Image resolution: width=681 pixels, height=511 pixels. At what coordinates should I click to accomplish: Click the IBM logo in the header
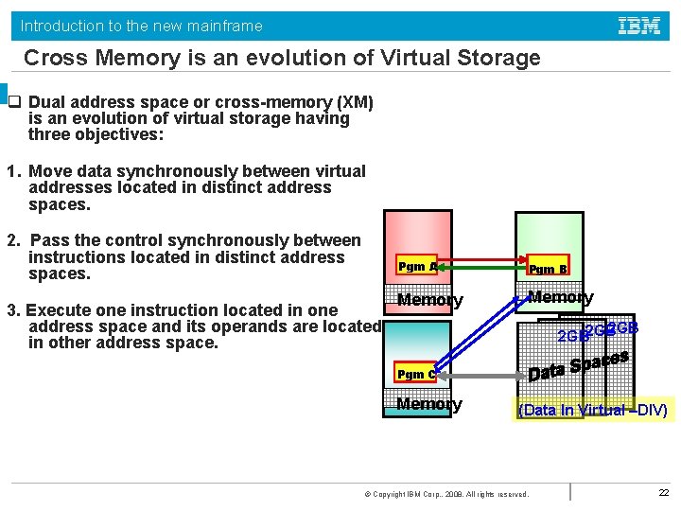pyautogui.click(x=639, y=26)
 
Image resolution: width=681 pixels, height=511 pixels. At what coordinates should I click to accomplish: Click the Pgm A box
pyautogui.click(x=417, y=266)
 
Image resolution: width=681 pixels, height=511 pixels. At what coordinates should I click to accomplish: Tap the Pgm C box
pyautogui.click(x=416, y=374)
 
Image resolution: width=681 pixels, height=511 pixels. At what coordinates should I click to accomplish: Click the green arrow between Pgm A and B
pyautogui.click(x=483, y=275)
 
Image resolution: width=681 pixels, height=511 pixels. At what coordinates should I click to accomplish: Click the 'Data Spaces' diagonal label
pyautogui.click(x=578, y=366)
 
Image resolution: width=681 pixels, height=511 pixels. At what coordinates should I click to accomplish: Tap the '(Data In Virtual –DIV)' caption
pyautogui.click(x=593, y=410)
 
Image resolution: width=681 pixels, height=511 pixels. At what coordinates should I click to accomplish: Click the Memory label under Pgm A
pyautogui.click(x=429, y=301)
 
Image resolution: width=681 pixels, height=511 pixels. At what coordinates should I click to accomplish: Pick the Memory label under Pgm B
pyautogui.click(x=560, y=298)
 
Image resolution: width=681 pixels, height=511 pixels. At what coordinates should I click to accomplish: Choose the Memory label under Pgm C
pyautogui.click(x=429, y=404)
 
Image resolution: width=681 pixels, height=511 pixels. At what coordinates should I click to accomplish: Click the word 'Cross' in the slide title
pyautogui.click(x=54, y=58)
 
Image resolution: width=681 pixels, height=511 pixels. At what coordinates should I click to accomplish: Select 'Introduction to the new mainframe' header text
pyautogui.click(x=142, y=26)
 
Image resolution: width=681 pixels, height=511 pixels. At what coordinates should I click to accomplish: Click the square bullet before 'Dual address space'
pyautogui.click(x=14, y=102)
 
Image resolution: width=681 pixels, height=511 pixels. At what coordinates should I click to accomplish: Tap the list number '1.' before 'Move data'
pyautogui.click(x=14, y=171)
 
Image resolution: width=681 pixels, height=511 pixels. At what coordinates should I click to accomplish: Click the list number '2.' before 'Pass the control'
pyautogui.click(x=14, y=240)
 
